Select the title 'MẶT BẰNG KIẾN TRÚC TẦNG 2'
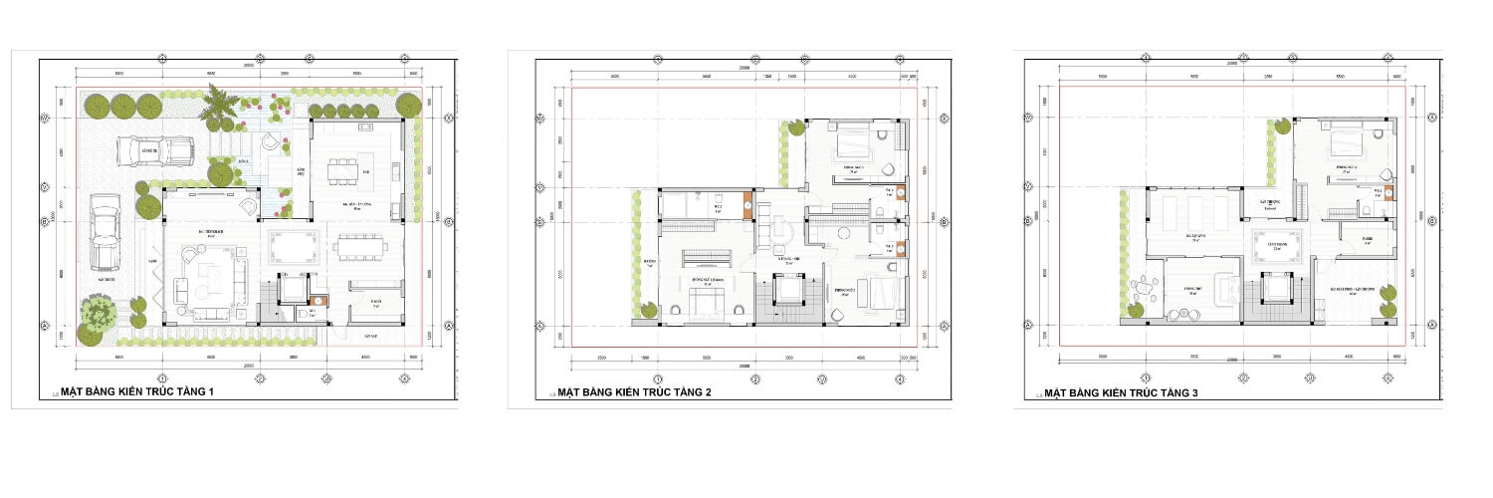pyautogui.click(x=634, y=392)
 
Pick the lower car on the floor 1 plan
pyautogui.click(x=105, y=232)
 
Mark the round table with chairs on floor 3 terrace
pyautogui.click(x=1146, y=291)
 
